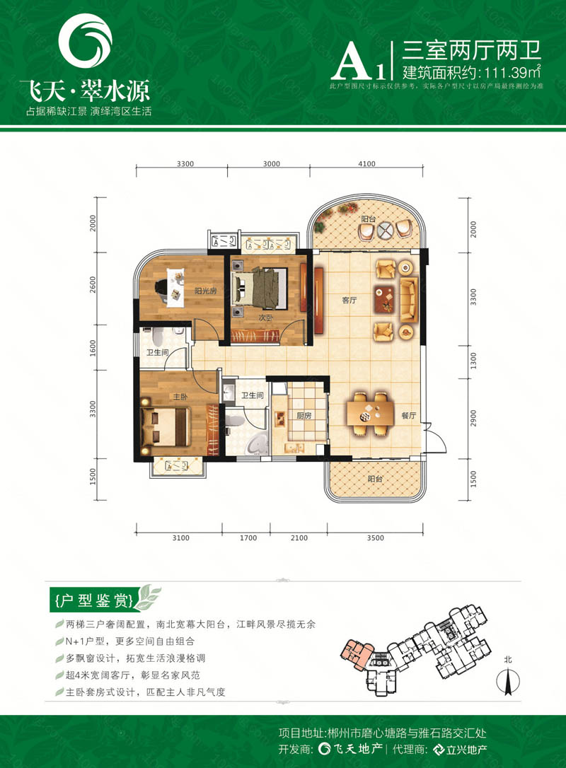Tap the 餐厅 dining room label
(x=405, y=416)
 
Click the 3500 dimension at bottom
(x=375, y=538)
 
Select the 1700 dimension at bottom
(x=248, y=538)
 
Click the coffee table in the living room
(x=388, y=300)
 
